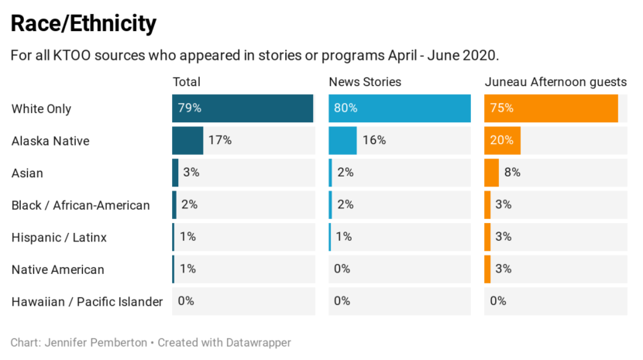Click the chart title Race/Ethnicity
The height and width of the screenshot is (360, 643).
[x=84, y=24]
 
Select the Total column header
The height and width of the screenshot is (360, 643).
[x=187, y=82]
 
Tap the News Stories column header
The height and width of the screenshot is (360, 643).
[x=365, y=82]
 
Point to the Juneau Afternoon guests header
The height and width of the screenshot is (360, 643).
[x=555, y=82]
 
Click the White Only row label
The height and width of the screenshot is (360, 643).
[x=41, y=109]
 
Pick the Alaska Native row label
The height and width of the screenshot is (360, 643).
[x=50, y=141]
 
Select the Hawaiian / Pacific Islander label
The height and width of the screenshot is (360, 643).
[x=87, y=302]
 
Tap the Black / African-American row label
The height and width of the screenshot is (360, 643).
[x=81, y=205]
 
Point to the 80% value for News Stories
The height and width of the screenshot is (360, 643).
[x=346, y=108]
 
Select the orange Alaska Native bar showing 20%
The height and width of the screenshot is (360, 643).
[x=502, y=141]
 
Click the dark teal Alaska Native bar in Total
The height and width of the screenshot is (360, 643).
[x=187, y=141]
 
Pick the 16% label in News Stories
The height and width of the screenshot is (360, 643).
[x=374, y=141]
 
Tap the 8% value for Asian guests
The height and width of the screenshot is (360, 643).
[x=512, y=173]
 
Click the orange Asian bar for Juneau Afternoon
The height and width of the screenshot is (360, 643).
[x=491, y=173]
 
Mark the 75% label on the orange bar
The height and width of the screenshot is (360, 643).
[x=502, y=108]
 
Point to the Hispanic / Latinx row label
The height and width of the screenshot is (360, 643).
[x=59, y=238]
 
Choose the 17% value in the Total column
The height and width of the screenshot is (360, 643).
[x=220, y=141]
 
